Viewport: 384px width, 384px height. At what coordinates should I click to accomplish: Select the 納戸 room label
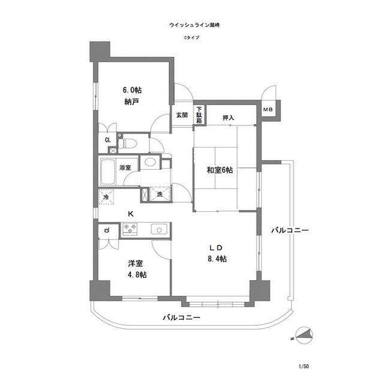[133, 102]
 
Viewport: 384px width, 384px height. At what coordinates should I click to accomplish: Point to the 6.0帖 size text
[133, 90]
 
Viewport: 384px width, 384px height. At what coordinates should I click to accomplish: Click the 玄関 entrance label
[182, 115]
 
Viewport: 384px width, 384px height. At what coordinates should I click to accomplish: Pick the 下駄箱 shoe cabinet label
[199, 115]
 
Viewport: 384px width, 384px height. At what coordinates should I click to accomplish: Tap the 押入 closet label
[228, 118]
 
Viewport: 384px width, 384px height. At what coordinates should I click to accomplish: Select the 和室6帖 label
[220, 170]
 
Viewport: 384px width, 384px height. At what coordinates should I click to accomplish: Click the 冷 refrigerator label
[106, 196]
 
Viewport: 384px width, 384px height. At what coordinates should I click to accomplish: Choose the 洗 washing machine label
[160, 194]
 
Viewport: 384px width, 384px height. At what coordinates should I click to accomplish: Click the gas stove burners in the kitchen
[130, 228]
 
